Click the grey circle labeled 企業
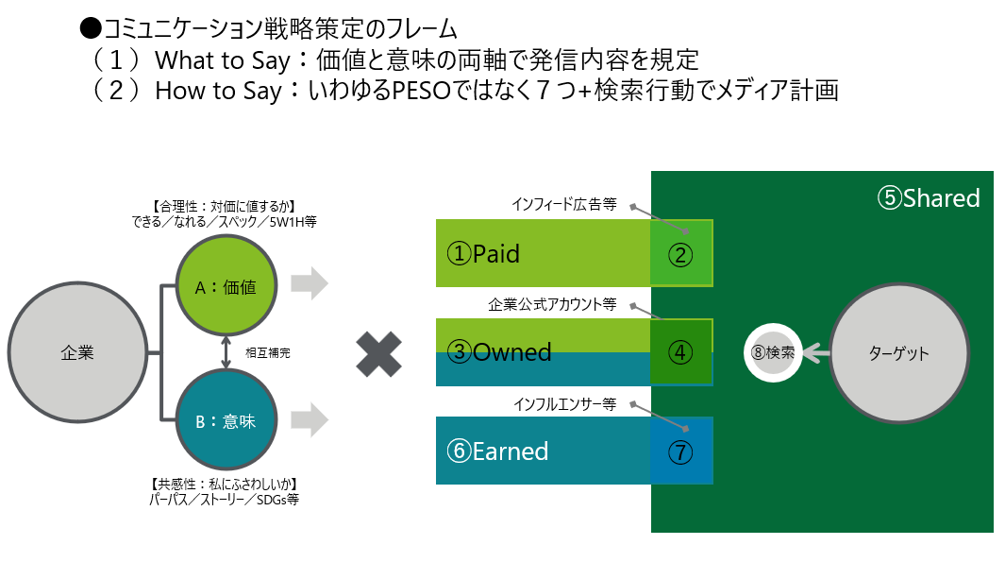click(x=77, y=352)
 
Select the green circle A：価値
click(x=226, y=285)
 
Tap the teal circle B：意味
click(x=226, y=420)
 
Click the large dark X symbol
click(x=378, y=354)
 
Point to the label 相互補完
click(x=268, y=353)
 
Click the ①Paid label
click(x=483, y=254)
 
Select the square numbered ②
click(x=681, y=253)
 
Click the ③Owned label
click(x=498, y=352)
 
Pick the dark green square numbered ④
click(x=681, y=352)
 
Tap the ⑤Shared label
click(x=929, y=198)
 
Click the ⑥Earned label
click(x=497, y=451)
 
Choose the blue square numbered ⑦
click(x=681, y=451)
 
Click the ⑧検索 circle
click(x=773, y=352)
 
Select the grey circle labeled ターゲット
click(x=898, y=353)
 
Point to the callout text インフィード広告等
click(x=564, y=204)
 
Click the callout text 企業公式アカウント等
click(x=552, y=304)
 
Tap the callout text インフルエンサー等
click(x=564, y=404)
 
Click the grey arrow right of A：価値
click(x=310, y=283)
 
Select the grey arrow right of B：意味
click(x=310, y=419)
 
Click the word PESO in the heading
click(x=422, y=91)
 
